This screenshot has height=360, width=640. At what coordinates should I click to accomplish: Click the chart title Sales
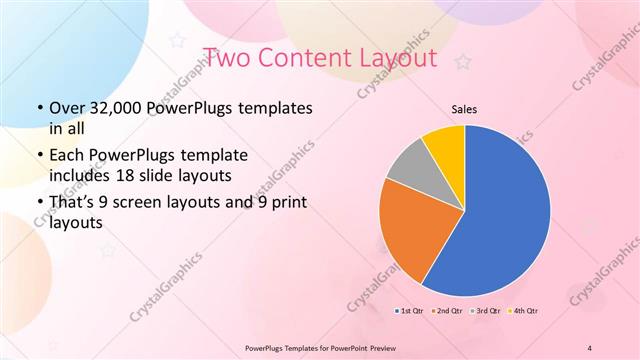pos(464,108)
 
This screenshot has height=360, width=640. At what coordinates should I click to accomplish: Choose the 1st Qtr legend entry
pos(411,311)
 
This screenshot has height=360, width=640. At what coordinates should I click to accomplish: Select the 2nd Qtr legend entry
pos(449,311)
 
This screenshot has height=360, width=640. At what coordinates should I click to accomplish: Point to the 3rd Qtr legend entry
pos(487,311)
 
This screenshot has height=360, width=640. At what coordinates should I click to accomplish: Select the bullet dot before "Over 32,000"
pos(38,108)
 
